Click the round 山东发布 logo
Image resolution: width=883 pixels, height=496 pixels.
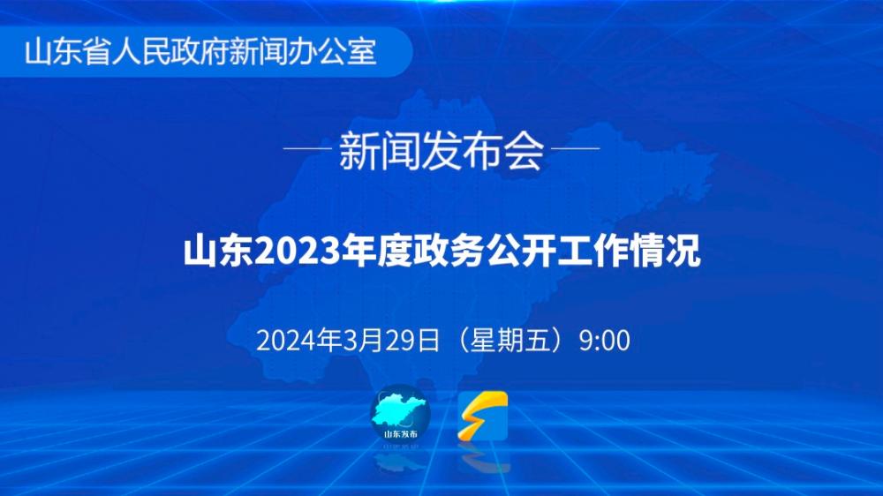point(400,414)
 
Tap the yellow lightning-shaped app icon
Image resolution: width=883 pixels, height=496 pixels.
point(483,416)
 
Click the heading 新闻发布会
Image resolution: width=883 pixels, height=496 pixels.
point(441,150)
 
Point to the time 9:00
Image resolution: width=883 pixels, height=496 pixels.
point(604,341)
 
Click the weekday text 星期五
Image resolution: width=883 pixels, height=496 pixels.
point(509,341)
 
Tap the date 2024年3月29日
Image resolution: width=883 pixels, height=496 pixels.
point(347,341)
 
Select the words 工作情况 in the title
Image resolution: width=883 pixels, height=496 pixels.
point(629,252)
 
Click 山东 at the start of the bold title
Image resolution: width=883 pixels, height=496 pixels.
point(218,252)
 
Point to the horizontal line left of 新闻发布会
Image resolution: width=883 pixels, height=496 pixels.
point(307,148)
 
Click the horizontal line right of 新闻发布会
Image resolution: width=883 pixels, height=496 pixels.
point(575,148)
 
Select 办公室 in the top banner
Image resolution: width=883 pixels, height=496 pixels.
point(332,52)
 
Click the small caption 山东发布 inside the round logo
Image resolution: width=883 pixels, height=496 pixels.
point(401,434)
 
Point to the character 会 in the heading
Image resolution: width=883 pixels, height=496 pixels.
point(525,150)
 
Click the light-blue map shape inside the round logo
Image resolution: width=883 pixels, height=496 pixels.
point(397,410)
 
